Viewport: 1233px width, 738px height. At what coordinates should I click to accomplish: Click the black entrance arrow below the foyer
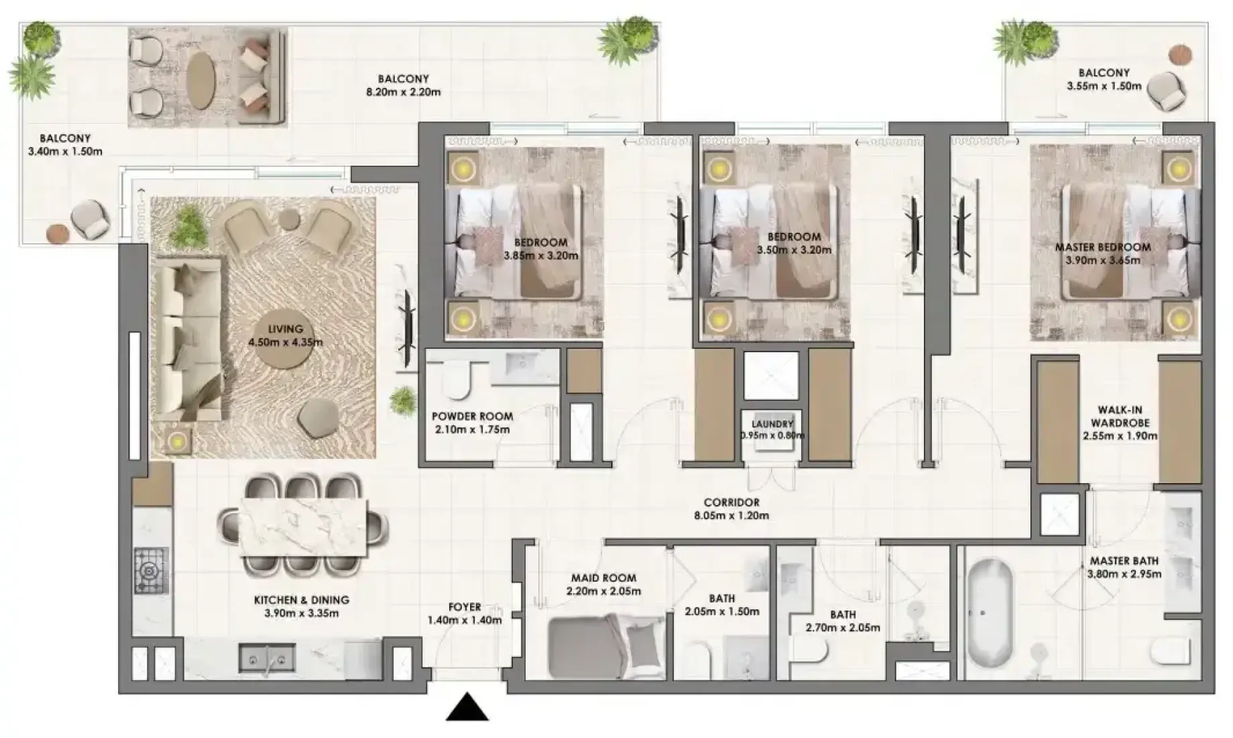467,708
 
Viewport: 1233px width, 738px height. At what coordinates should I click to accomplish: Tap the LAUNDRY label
772,424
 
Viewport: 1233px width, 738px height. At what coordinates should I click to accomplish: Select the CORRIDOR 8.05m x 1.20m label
731,509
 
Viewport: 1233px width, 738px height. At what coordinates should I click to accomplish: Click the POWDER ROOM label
472,416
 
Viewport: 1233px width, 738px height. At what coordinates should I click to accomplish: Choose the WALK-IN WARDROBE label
1120,416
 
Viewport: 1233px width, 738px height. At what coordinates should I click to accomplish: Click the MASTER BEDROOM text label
1103,247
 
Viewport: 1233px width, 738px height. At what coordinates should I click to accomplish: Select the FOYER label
465,607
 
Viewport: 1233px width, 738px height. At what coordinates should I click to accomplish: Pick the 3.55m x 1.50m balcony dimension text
1104,86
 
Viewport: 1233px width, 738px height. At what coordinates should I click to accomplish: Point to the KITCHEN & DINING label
301,600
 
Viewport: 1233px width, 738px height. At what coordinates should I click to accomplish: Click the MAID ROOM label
603,578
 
